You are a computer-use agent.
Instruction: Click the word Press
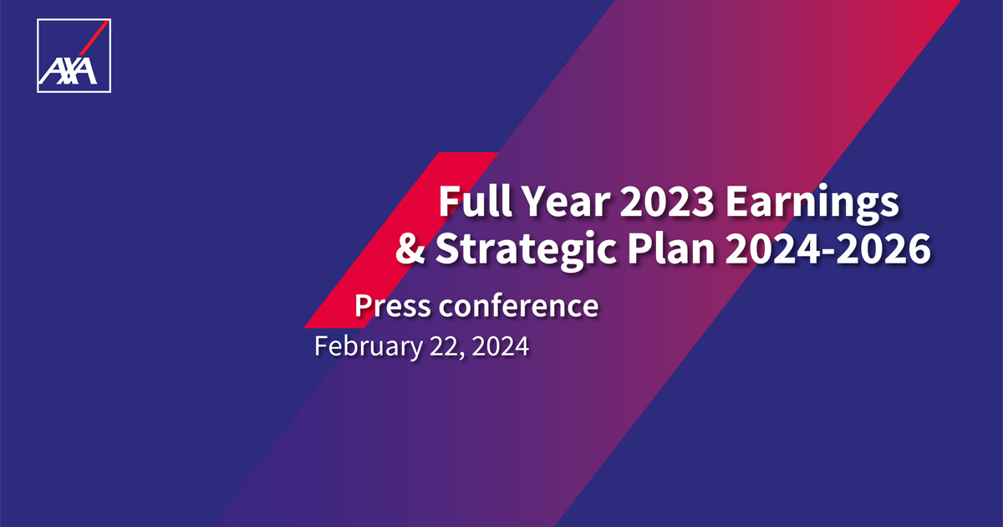393,306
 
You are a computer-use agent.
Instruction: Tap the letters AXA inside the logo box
67,73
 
